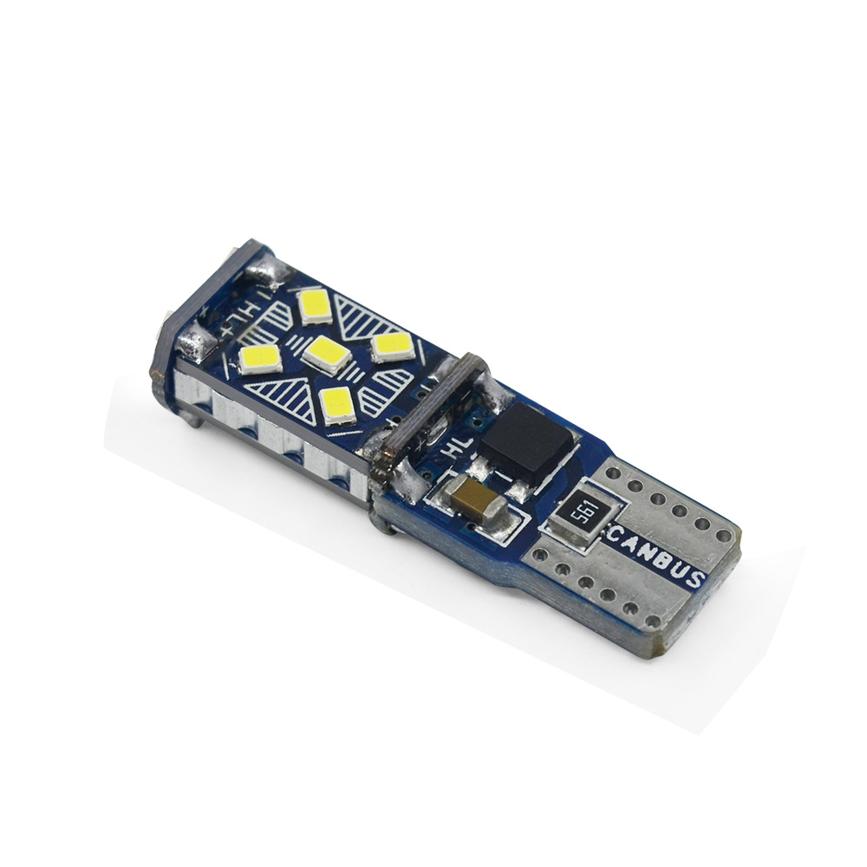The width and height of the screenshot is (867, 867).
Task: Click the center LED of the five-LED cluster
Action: pyautogui.click(x=327, y=351)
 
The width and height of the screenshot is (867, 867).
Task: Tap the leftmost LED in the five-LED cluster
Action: pyautogui.click(x=259, y=356)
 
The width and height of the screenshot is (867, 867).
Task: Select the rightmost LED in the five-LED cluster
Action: pyautogui.click(x=392, y=345)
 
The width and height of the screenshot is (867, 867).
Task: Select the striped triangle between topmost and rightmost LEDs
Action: pyautogui.click(x=362, y=313)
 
